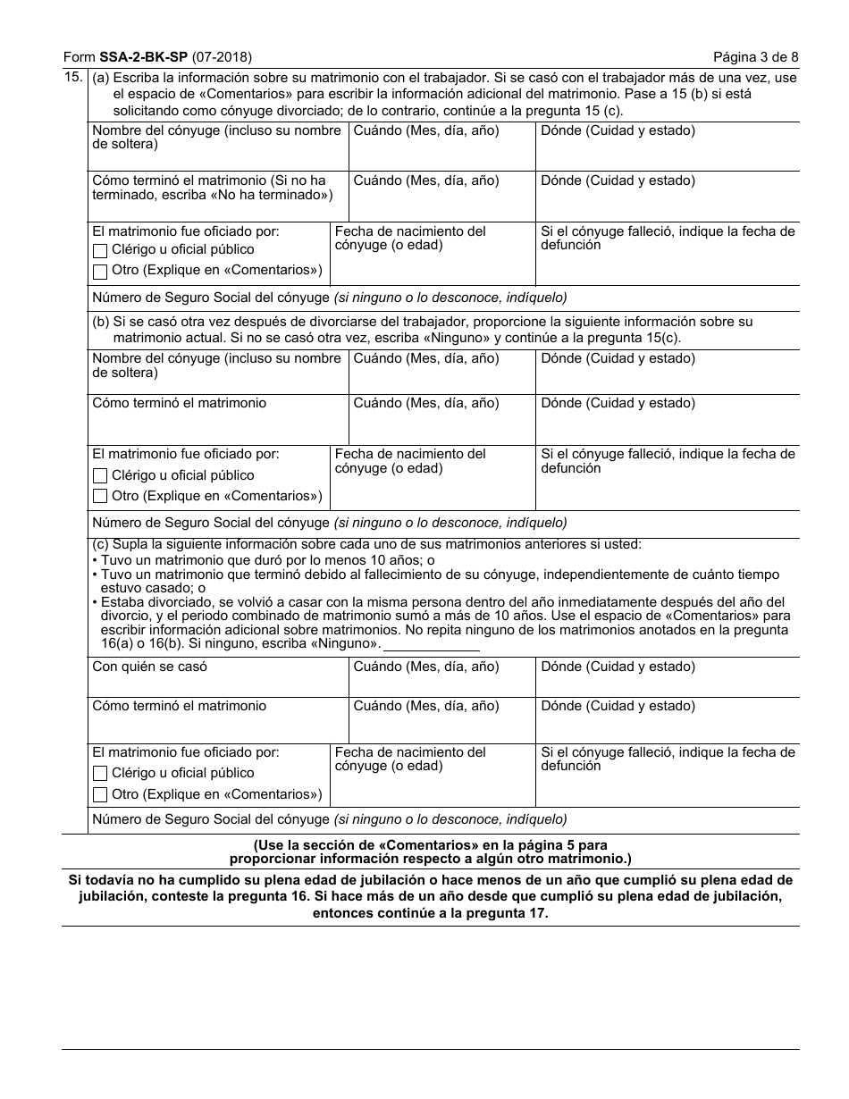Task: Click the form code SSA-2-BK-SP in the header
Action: click(139, 57)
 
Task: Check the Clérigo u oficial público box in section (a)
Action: click(100, 250)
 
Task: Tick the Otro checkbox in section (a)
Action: click(100, 271)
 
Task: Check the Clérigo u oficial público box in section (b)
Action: click(100, 476)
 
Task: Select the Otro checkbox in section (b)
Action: click(100, 497)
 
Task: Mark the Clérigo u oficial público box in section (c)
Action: click(100, 774)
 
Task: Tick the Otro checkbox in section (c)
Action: click(100, 794)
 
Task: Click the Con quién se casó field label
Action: click(150, 667)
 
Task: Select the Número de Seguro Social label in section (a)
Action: click(211, 298)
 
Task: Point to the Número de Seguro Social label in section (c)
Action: click(211, 818)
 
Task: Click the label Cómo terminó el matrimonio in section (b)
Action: click(179, 403)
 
